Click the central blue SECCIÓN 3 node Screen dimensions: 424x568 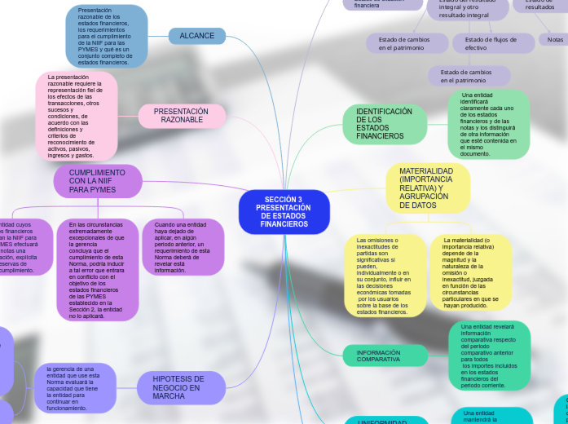283,211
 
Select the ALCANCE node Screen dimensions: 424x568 196,36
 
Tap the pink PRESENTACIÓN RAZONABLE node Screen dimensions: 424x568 181,116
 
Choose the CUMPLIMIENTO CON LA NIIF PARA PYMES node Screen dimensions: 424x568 97,181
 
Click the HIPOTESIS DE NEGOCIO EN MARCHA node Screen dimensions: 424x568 178,387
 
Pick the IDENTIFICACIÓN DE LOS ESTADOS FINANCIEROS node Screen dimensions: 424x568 385,124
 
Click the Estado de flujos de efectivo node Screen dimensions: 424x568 491,43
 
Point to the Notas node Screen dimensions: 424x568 555,39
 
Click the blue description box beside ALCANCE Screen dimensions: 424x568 106,36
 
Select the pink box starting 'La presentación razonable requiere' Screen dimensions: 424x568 76,116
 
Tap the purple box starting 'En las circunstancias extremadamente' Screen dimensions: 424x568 96,270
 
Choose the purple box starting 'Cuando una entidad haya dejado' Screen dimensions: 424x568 183,247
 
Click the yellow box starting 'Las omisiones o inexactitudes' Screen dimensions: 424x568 383,276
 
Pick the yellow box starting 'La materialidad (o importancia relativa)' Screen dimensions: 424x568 470,272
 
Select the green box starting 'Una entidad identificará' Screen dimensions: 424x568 488,124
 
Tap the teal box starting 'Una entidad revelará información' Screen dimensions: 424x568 488,356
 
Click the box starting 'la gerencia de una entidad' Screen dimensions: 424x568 78,387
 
